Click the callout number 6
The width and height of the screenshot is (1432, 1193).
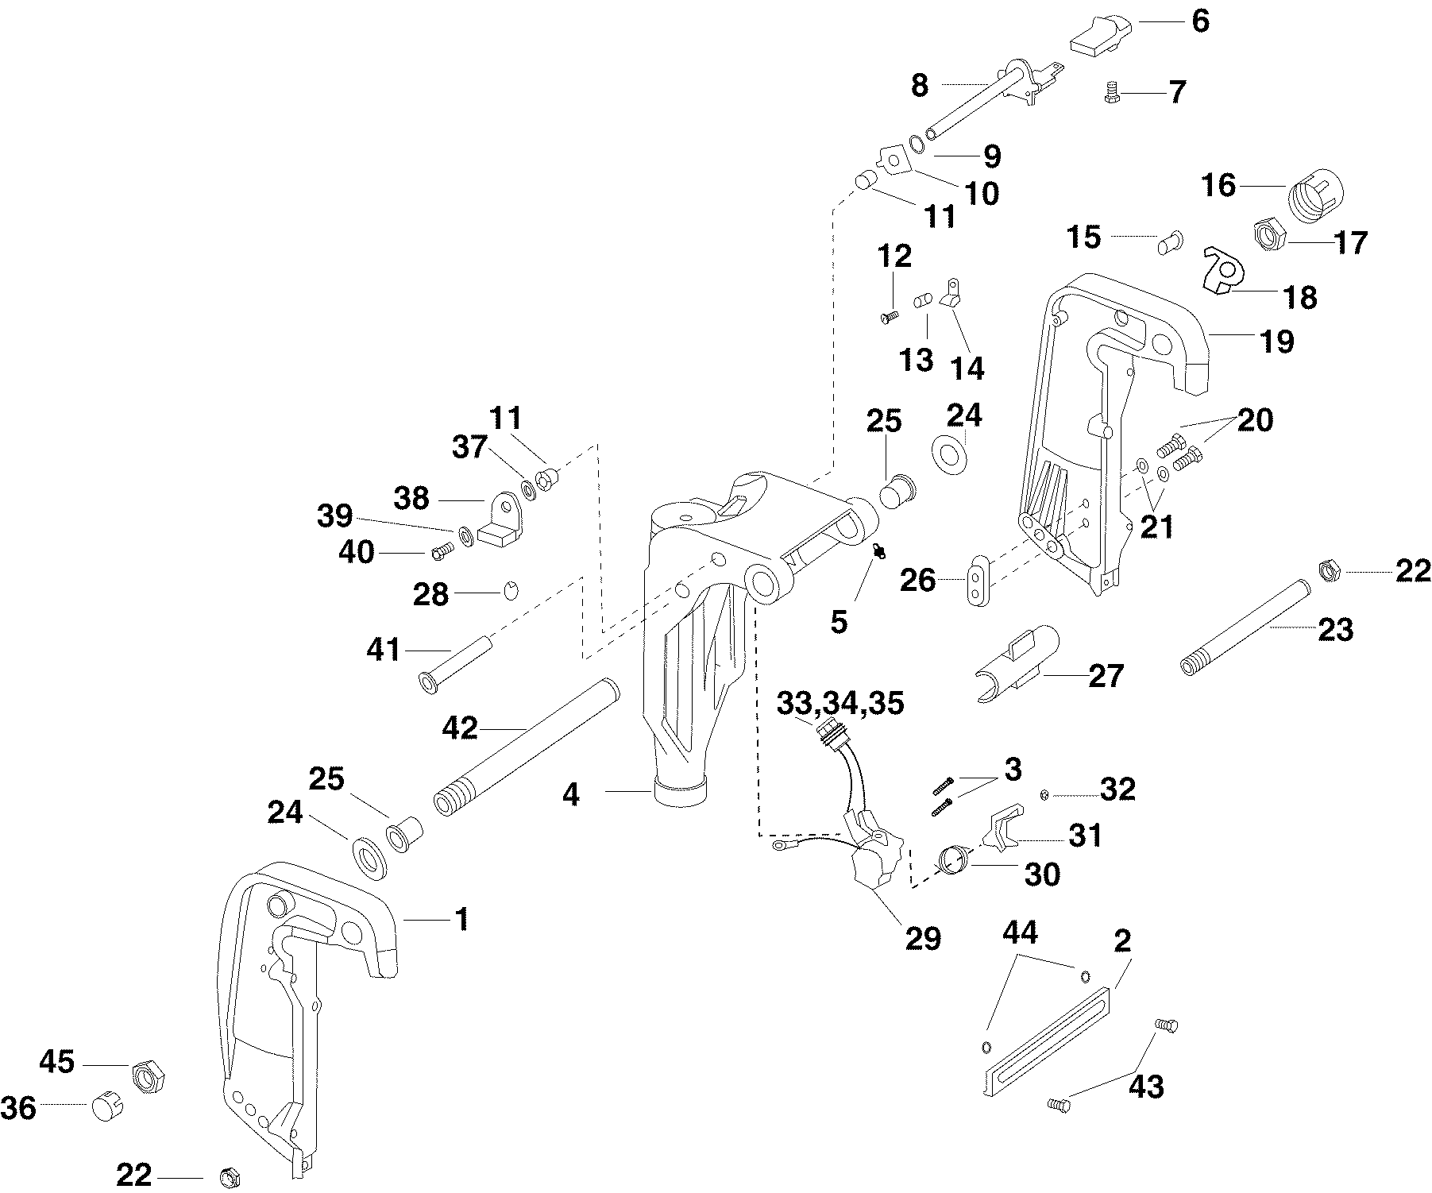point(1200,21)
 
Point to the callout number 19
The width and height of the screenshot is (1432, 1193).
point(1276,342)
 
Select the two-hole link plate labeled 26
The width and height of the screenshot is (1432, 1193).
point(979,580)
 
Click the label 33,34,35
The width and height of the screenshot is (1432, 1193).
point(840,703)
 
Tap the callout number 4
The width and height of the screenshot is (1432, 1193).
point(571,794)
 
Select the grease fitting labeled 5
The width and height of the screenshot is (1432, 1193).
point(878,550)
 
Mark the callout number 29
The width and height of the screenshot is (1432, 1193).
point(922,938)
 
